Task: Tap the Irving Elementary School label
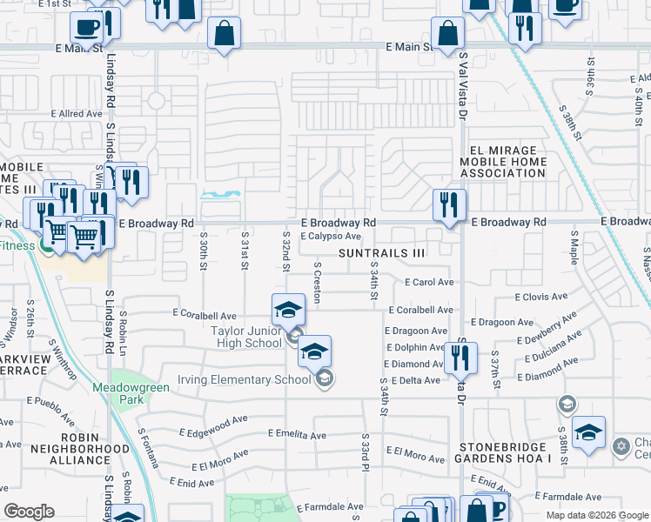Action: pyautogui.click(x=244, y=378)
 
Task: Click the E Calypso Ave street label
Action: pyautogui.click(x=331, y=236)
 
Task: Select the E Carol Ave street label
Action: pyautogui.click(x=429, y=282)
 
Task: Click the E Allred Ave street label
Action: pyautogui.click(x=77, y=114)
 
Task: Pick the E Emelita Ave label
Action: pyautogui.click(x=297, y=434)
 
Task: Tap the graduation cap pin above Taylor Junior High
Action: pyautogui.click(x=288, y=310)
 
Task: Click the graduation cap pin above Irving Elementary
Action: pyautogui.click(x=314, y=351)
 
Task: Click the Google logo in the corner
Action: pyautogui.click(x=29, y=512)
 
